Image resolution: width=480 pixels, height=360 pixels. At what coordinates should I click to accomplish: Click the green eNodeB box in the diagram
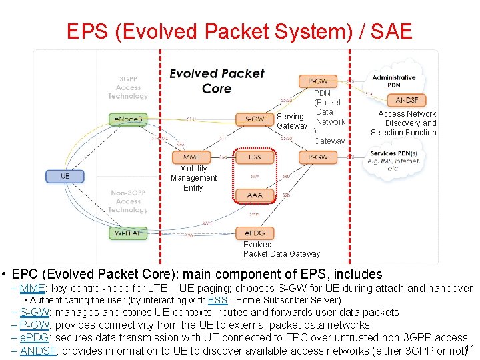pos(128,119)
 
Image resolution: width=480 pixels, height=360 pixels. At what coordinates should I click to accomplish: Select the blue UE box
pos(65,176)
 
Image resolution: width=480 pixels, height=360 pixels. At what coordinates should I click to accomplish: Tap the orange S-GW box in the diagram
pos(255,119)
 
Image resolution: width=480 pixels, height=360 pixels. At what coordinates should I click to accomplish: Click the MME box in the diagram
pos(191,157)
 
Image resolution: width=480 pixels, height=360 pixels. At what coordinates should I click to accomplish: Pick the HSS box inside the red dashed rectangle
pos(255,157)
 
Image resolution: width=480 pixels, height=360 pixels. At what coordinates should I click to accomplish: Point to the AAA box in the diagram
pos(255,195)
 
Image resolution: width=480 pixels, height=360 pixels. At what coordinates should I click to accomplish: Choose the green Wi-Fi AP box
pos(128,233)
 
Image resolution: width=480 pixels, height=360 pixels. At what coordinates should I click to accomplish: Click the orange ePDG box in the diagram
pos(255,233)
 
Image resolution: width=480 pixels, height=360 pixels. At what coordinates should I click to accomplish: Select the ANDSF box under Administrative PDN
pos(406,100)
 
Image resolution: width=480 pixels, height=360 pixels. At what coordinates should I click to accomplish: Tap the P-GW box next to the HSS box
pos(317,157)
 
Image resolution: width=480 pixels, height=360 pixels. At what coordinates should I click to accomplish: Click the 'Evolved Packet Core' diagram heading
pos(217,81)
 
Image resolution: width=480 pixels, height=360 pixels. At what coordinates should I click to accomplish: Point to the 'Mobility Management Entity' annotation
pos(193,178)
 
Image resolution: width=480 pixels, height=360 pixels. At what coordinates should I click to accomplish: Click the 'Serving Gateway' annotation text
pos(291,121)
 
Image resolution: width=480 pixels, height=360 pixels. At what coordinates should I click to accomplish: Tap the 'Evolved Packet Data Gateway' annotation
pos(281,249)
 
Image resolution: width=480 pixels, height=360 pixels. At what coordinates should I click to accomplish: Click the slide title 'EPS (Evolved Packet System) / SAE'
pos(239,31)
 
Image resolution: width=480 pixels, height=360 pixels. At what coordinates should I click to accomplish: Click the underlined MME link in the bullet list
pos(32,289)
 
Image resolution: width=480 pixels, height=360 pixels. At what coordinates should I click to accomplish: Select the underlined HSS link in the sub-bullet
pos(217,301)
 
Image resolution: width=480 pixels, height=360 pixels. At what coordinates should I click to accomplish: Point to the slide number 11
pos(469,349)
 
